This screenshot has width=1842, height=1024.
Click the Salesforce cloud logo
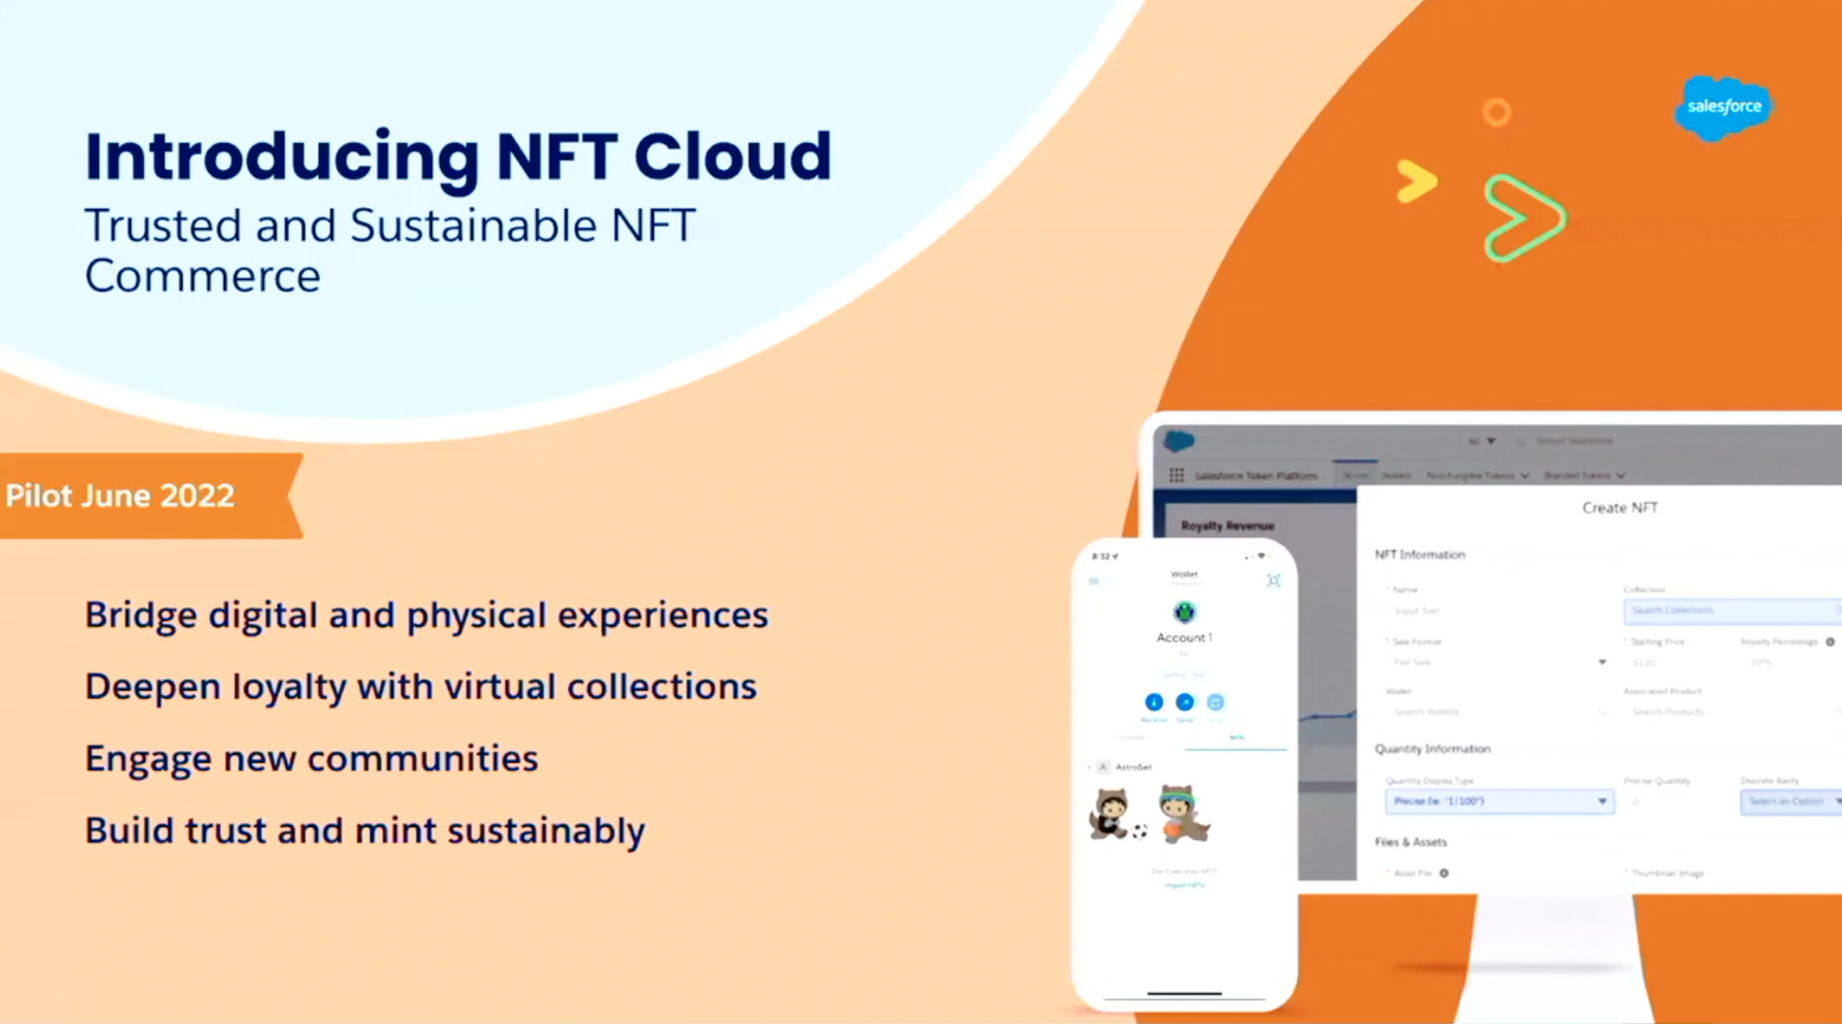[1723, 107]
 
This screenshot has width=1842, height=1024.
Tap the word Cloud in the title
[732, 156]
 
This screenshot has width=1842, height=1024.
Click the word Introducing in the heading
[282, 158]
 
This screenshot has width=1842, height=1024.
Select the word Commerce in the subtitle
[203, 276]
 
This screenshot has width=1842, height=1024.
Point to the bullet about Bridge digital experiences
[427, 615]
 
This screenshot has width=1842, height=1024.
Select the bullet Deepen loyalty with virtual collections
[420, 687]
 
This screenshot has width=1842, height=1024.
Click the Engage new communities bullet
[311, 758]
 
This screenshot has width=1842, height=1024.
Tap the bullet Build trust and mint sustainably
[364, 831]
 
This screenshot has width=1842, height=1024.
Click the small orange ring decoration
[1496, 112]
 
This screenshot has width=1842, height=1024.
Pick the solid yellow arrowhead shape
[1415, 181]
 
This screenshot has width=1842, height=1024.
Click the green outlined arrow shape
[1523, 217]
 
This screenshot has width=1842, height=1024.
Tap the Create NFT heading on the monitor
[1620, 507]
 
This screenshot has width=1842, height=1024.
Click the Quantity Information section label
[1432, 749]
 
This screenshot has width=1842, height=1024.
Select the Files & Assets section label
[1411, 842]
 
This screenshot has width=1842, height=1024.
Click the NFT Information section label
[1419, 555]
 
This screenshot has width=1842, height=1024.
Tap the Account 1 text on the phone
[1184, 637]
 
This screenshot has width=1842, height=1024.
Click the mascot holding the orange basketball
[1182, 814]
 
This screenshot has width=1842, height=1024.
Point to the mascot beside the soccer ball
[1111, 814]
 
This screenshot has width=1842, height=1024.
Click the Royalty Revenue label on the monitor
[1227, 526]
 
